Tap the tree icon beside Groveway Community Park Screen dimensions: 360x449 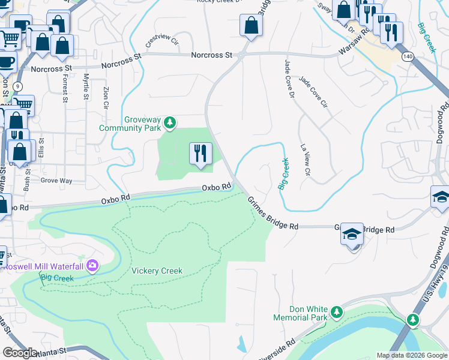(x=170, y=123)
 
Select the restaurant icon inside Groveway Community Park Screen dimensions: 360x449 (x=200, y=153)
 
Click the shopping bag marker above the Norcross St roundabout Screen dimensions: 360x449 (x=250, y=26)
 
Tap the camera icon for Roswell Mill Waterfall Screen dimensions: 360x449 (x=92, y=265)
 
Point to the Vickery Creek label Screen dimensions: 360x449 (x=157, y=271)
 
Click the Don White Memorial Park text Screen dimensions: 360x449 (x=300, y=313)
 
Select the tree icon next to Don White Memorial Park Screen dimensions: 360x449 (x=337, y=312)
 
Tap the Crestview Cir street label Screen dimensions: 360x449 (x=162, y=41)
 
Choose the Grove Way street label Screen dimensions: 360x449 (x=56, y=180)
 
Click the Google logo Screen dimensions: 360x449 (x=20, y=353)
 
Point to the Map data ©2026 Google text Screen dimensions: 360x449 (x=411, y=355)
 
